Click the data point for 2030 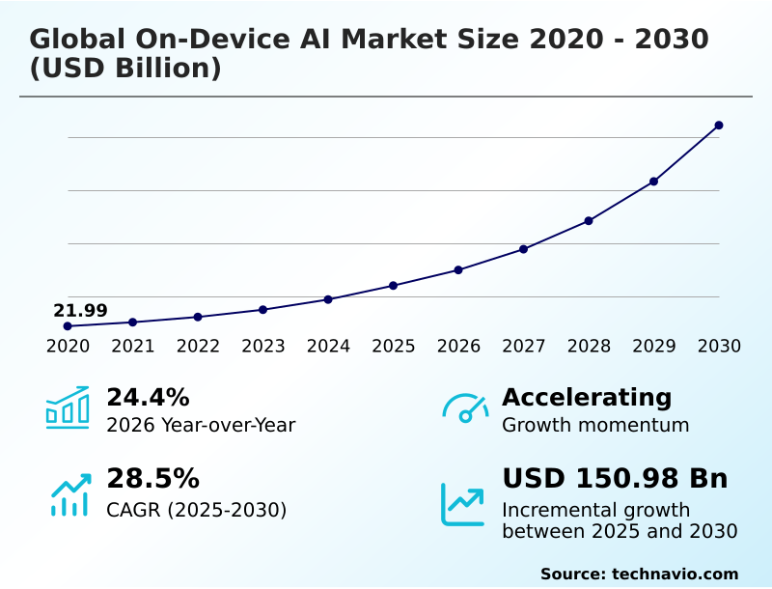[719, 126]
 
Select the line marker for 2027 [523, 249]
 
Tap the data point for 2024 [328, 299]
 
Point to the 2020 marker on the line [68, 326]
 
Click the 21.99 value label [80, 311]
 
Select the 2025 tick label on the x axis [394, 347]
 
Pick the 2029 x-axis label [654, 347]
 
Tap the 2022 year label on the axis [198, 347]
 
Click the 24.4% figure [148, 397]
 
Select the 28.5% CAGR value [152, 479]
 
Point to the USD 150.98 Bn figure [615, 479]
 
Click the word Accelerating [587, 397]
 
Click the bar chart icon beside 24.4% [68, 408]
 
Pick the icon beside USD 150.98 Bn [463, 503]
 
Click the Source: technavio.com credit [639, 574]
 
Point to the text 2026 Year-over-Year [201, 425]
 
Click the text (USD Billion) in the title [125, 70]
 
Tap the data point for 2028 [589, 221]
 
